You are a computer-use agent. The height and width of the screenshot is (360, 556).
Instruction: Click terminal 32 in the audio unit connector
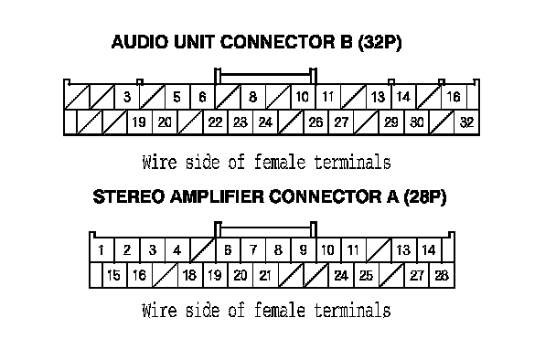[466, 122]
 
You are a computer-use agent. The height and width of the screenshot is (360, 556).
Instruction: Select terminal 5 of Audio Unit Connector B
[176, 97]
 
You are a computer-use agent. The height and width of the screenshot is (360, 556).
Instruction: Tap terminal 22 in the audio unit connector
[215, 122]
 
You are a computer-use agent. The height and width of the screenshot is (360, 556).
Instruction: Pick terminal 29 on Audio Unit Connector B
[391, 122]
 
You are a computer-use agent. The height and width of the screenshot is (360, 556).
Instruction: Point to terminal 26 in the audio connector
[315, 122]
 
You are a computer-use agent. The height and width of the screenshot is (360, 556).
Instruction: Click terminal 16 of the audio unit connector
[454, 97]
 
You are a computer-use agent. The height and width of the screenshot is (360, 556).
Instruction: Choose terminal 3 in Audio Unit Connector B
[127, 97]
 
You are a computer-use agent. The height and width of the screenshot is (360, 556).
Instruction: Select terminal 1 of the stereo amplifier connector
[102, 250]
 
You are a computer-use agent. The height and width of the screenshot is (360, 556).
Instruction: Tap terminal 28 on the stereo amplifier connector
[442, 275]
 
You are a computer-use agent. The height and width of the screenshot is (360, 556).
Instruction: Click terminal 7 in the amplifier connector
[252, 250]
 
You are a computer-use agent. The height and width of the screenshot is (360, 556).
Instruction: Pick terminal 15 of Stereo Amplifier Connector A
[113, 275]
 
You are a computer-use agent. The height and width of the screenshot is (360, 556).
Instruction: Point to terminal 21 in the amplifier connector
[265, 275]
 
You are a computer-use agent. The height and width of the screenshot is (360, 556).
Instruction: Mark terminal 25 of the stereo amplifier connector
[367, 275]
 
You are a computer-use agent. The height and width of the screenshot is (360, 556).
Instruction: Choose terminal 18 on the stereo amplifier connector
[189, 275]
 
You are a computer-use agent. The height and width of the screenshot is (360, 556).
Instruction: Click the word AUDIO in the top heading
[140, 42]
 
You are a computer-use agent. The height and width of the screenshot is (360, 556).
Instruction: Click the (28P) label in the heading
[425, 197]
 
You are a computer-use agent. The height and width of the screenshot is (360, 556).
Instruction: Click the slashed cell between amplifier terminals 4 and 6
[202, 250]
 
